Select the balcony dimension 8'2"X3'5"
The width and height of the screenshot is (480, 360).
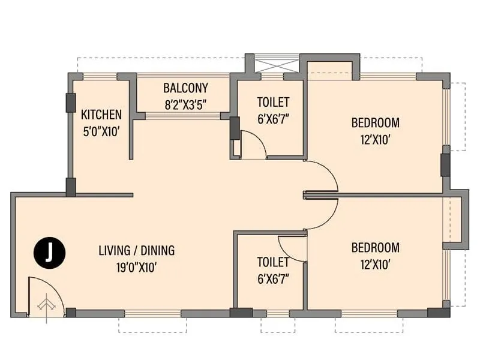coord(185,104)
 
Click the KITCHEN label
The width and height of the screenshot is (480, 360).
coord(101,115)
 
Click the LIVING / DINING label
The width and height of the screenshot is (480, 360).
coord(136,251)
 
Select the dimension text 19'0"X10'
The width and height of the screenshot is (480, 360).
coord(136,268)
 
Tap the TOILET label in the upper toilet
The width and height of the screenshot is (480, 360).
coord(273,102)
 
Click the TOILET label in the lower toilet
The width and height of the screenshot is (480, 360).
coord(273,262)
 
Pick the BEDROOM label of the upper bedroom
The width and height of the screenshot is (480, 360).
coord(375,123)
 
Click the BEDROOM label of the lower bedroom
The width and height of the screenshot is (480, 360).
coord(375,247)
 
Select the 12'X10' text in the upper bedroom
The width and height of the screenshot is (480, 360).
coord(375,140)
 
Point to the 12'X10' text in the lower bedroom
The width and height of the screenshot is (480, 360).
coord(375,264)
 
